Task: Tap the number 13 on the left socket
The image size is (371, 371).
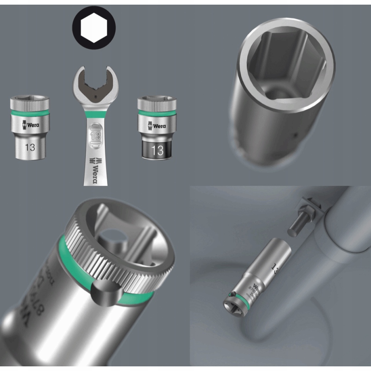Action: (x=30, y=147)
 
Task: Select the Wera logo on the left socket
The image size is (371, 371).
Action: (x=30, y=124)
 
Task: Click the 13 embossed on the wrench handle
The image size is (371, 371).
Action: (x=95, y=136)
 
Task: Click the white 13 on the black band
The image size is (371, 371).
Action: (x=157, y=150)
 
